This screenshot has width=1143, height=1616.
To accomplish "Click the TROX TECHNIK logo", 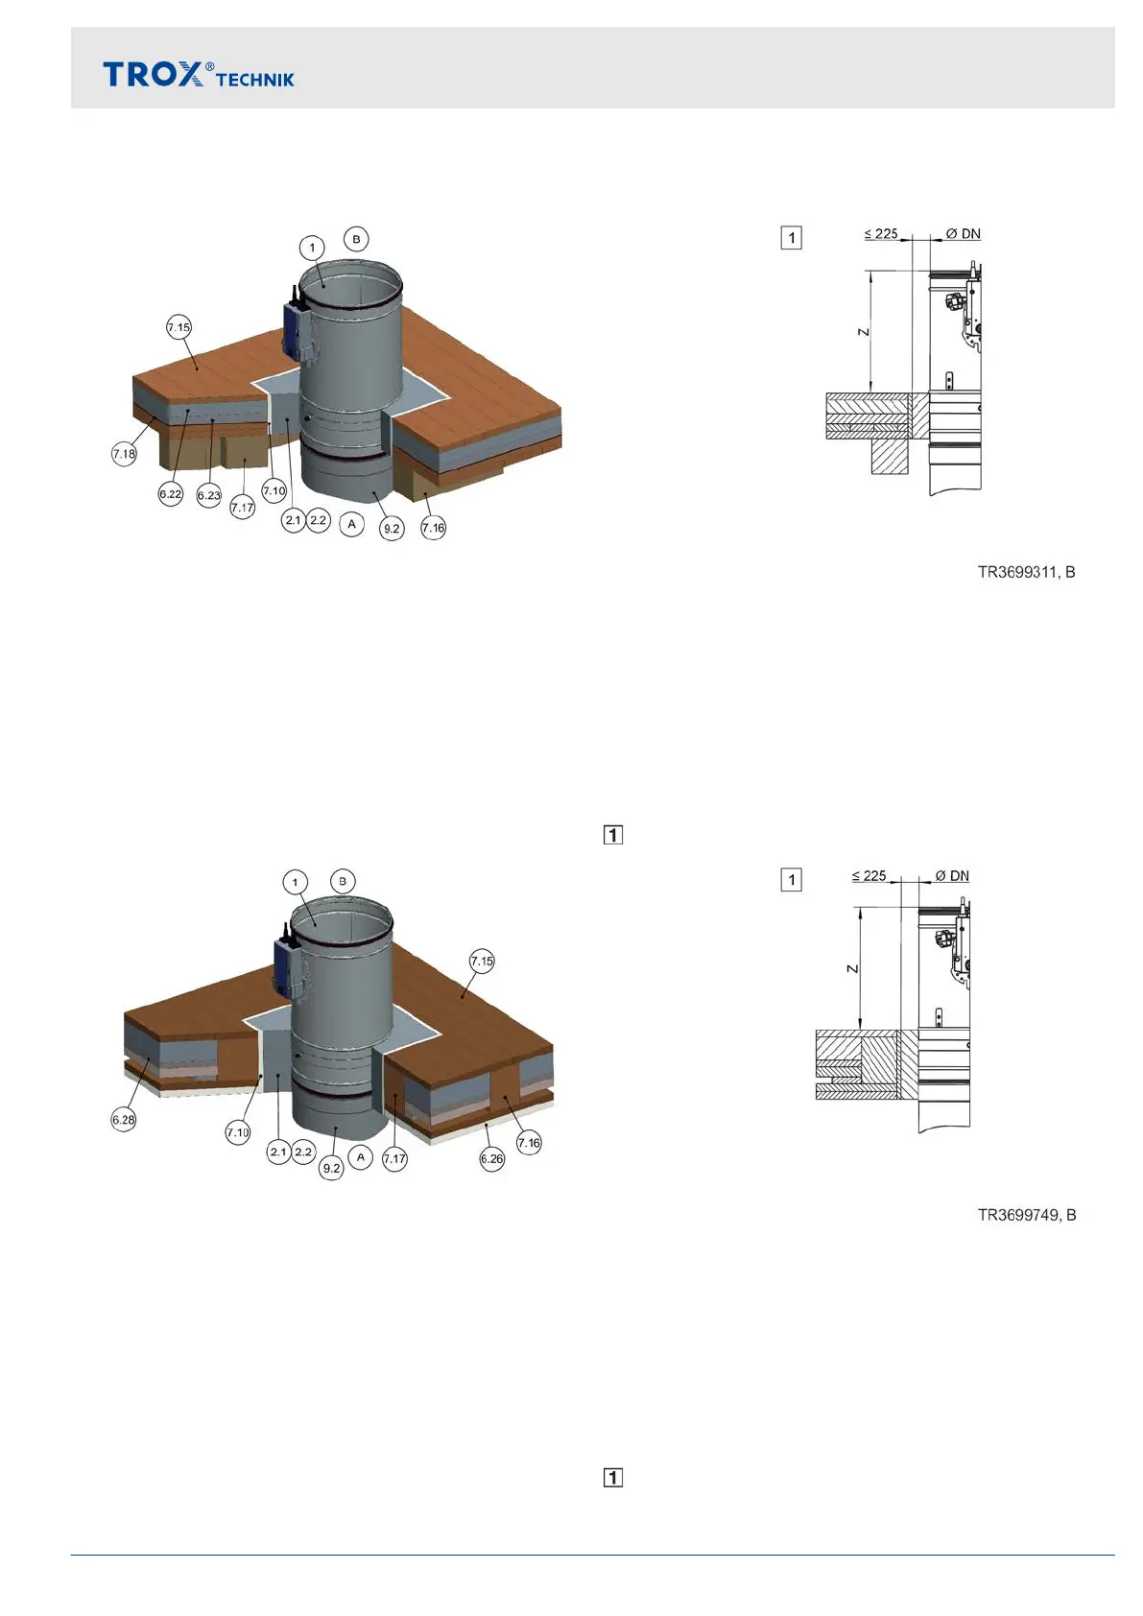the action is pos(199,75).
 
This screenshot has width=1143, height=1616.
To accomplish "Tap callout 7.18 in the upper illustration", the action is pos(124,454).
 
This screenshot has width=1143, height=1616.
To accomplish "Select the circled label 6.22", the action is pos(171,494).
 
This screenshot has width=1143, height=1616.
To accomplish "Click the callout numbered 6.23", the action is pos(209,495).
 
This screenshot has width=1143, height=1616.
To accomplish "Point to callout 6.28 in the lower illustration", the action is pos(124,1120).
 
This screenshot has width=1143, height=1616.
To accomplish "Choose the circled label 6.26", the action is pos(492,1159).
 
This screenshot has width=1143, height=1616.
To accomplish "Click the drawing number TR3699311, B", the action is pos(1026,573).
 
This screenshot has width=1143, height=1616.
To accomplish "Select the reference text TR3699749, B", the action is pos(1026,1216).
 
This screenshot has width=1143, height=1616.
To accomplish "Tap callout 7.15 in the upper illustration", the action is pos(179,327).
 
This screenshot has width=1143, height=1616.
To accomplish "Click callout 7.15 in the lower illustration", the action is pos(482,961).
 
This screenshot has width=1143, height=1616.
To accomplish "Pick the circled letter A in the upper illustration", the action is pos(352,524).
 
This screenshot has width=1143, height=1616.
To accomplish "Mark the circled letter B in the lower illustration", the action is pos(343,881).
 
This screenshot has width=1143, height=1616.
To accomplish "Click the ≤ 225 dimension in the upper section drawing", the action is pos(881,233).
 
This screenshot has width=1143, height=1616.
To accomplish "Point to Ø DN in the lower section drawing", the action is pos(952,875).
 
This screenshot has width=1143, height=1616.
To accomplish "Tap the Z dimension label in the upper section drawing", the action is pos(863,332).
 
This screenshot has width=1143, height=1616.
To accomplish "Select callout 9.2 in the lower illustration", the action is pos(331,1168).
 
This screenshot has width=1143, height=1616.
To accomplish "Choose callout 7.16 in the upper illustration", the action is pos(434,527).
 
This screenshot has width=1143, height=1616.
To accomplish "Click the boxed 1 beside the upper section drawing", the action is pos(791,237).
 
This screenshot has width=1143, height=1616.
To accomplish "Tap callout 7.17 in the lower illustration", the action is pos(394,1159).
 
